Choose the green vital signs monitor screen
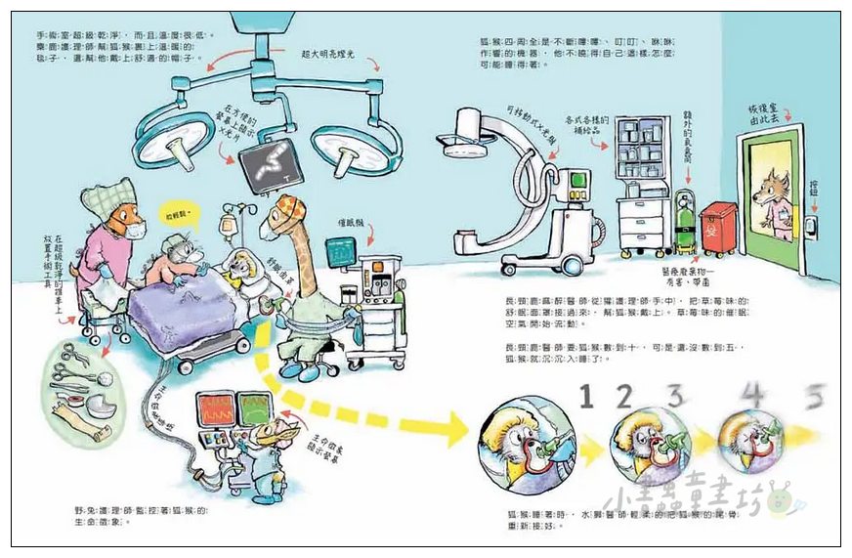click(x=255, y=405)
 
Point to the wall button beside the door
click(x=810, y=225)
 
